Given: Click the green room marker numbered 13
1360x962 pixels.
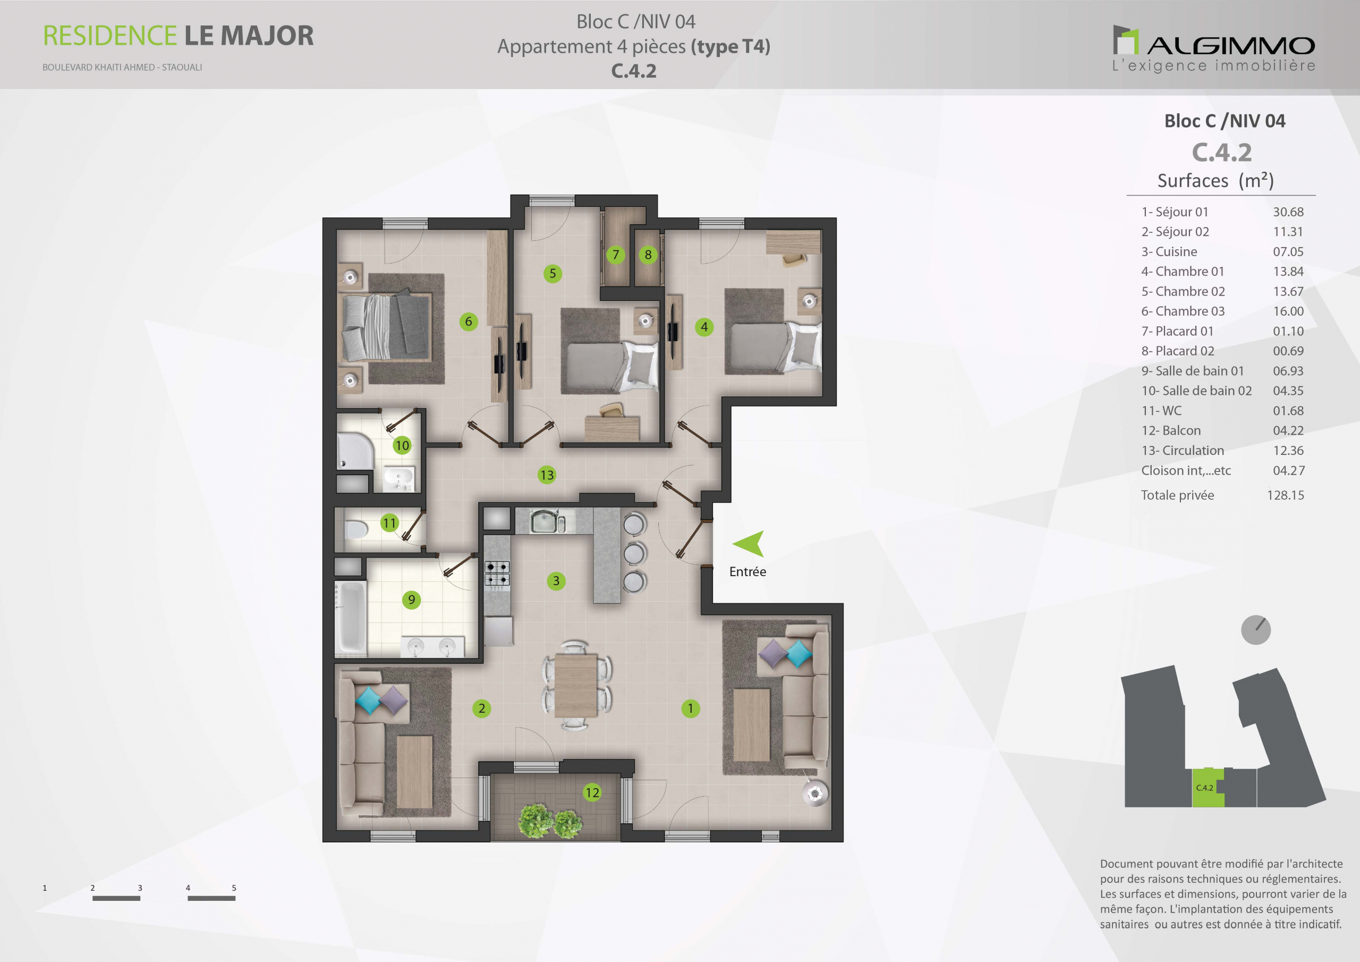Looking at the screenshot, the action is pos(547,475).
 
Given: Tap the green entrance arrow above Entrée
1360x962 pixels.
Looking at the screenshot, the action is pos(749,544).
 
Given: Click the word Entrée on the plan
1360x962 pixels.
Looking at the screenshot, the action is pos(747,571).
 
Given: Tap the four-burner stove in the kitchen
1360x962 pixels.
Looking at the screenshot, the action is pos(497,573).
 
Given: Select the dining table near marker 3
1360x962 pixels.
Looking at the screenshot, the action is pos(576,685).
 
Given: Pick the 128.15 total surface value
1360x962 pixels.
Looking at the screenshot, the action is pos(1286,495).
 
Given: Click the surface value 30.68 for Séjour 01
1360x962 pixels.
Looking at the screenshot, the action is pos(1288,212).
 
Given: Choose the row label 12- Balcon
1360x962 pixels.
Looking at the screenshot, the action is pos(1171,431).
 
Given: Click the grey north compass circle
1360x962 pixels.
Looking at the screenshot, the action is pos(1256,629).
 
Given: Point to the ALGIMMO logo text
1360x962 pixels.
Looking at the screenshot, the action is pos(1231,46).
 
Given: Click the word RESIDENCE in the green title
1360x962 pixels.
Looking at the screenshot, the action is pos(109,36).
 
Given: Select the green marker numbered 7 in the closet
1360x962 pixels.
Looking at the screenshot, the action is pos(615,255).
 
